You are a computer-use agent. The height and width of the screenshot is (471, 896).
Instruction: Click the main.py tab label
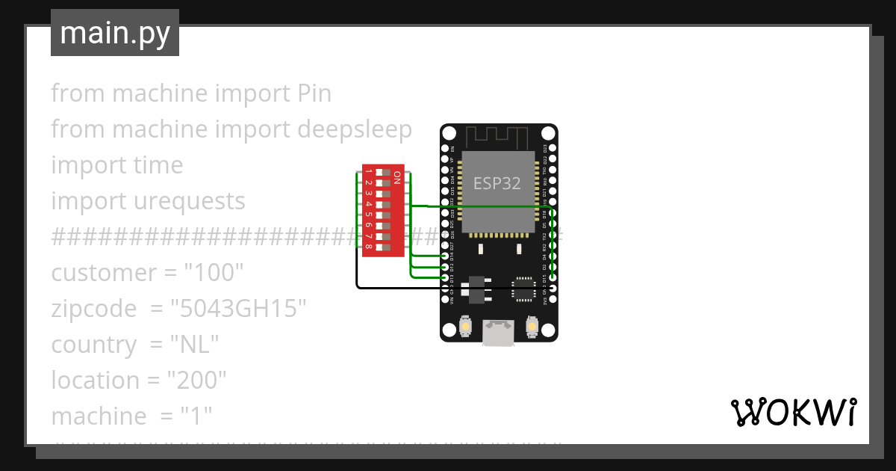point(114,33)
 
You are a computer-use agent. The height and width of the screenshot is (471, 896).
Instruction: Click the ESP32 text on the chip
point(497,183)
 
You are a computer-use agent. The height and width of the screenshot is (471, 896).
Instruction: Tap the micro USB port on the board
point(498,333)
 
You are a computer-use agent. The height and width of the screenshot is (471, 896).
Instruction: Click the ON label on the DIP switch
point(397,177)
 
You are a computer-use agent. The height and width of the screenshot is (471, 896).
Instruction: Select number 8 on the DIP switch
point(369,247)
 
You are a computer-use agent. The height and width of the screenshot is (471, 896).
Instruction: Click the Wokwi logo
point(792,412)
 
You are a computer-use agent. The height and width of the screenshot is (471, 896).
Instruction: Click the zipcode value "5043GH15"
point(238,309)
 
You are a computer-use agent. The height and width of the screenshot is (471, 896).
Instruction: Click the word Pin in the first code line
point(314,93)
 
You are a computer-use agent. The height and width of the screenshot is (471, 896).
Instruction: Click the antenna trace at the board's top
point(497,137)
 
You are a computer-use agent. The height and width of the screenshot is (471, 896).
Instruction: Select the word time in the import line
point(157,165)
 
